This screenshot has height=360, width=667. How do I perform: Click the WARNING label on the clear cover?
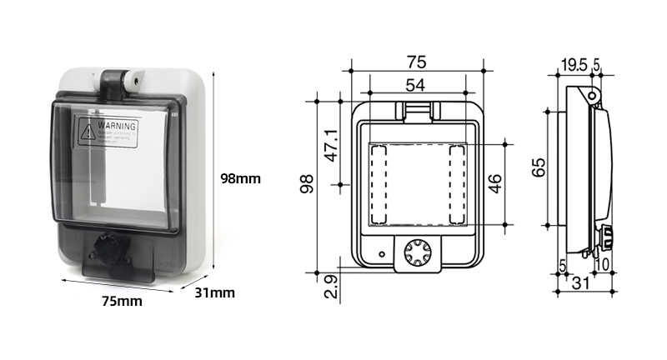(108, 133)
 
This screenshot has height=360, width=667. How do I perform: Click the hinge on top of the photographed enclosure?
(118, 82)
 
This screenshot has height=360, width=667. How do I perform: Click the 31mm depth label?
(215, 292)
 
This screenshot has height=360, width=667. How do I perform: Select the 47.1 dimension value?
(331, 145)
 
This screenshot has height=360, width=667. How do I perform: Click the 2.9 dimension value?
(331, 287)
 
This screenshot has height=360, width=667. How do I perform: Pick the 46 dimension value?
(496, 184)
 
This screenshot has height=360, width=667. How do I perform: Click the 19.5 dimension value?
(574, 64)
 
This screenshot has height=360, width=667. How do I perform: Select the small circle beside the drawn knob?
(382, 253)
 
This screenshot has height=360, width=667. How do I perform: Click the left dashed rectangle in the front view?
(378, 184)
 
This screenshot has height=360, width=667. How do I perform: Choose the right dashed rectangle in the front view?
(457, 184)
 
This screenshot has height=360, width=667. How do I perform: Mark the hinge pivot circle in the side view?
(592, 97)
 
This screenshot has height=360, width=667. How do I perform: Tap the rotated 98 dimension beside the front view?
(307, 184)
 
